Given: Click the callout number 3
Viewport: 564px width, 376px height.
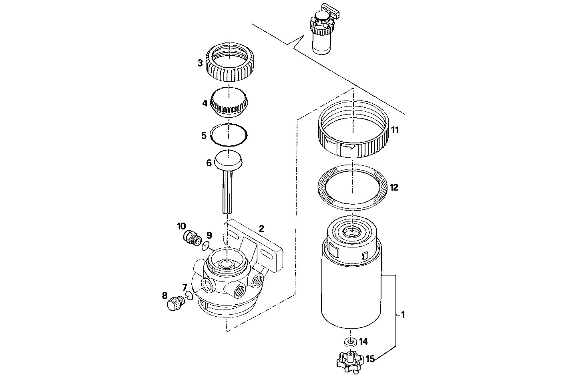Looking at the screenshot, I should (200, 63).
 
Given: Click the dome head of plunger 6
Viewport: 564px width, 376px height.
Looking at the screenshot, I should (229, 159).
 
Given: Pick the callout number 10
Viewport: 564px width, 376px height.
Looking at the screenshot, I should (181, 226).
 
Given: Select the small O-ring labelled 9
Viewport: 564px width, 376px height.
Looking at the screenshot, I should (205, 245).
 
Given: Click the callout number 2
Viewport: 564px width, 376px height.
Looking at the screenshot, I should (261, 229).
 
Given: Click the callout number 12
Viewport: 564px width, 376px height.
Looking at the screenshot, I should (394, 187).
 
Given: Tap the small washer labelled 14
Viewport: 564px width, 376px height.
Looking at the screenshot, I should (351, 342).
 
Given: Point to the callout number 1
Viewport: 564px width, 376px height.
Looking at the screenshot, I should (403, 315).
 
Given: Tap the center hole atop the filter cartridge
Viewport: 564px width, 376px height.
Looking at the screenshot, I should (351, 231).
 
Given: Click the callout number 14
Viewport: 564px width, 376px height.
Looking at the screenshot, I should (363, 342).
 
